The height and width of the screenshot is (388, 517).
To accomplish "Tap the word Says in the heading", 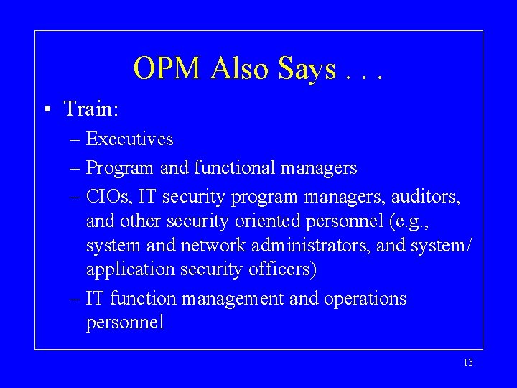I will [x=307, y=69].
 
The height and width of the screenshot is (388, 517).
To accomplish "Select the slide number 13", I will [x=468, y=363].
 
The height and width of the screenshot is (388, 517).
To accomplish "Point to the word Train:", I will [x=91, y=108].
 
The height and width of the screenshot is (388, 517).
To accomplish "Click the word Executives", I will [x=129, y=138].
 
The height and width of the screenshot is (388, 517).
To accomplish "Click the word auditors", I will [x=425, y=196].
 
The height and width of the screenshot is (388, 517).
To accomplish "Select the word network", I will [x=213, y=245].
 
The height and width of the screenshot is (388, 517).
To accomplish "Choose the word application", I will [x=130, y=269].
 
